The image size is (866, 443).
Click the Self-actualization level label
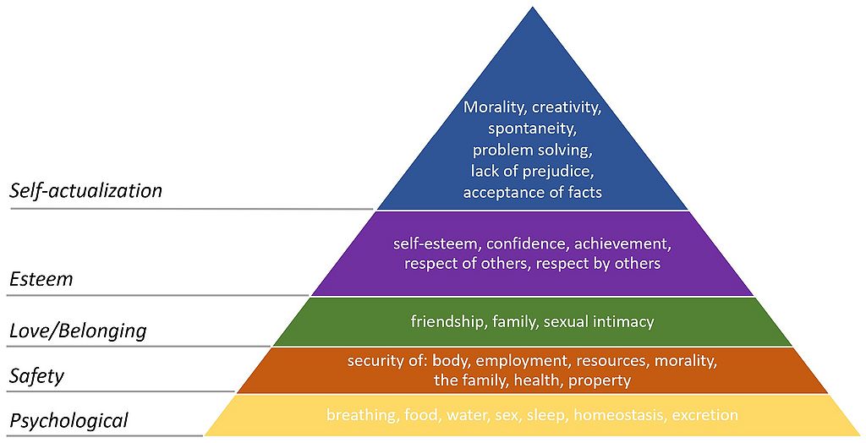click(86, 191)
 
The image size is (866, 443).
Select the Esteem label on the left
click(41, 279)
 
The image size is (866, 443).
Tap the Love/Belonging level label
click(79, 331)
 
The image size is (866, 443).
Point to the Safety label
click(37, 377)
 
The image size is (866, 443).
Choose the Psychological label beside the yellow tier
click(69, 420)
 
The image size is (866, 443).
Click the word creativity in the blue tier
click(566, 107)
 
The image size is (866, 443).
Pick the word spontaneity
click(532, 129)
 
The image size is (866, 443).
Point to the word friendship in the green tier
click(446, 321)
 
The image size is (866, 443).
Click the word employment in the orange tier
click(522, 361)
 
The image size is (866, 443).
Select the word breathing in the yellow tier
click(361, 415)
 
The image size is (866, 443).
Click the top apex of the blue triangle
click(533, 7)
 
